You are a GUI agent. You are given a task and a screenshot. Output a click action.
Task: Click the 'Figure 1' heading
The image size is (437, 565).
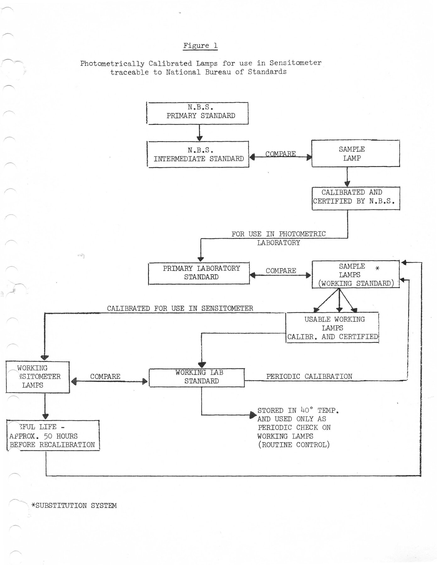(x=200, y=46)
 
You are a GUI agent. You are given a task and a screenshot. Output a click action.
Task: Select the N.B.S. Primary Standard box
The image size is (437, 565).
(x=198, y=113)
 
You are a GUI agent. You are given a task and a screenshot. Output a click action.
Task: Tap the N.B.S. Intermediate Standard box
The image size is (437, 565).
(x=198, y=154)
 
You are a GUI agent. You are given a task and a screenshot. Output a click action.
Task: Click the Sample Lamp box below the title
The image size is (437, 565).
(x=355, y=153)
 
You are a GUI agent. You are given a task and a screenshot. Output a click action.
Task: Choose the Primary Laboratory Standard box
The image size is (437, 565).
(x=199, y=273)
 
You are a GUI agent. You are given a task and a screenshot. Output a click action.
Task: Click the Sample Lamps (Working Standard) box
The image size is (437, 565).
(x=355, y=275)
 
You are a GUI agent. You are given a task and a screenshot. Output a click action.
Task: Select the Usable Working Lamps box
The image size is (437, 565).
(x=332, y=328)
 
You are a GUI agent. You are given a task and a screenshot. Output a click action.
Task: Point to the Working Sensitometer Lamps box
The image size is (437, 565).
(x=38, y=377)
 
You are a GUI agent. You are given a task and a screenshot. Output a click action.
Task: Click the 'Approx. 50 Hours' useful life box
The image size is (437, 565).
(x=53, y=436)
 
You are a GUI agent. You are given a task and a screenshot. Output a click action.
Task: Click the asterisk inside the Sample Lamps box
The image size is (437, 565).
(x=378, y=268)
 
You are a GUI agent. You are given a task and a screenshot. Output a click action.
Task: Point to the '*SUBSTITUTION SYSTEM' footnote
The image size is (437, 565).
(x=74, y=506)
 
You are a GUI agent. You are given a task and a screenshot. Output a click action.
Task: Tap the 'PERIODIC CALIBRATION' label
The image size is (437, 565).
(x=309, y=376)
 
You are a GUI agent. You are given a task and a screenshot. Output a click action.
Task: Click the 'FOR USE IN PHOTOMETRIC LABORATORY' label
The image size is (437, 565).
(x=278, y=238)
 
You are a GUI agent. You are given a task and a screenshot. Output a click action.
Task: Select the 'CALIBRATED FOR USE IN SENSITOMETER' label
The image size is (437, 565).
(x=180, y=309)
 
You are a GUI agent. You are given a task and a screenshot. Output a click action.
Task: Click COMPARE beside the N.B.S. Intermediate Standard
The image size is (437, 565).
(x=280, y=154)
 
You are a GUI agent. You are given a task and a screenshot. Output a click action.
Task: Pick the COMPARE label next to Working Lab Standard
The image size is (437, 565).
(x=105, y=376)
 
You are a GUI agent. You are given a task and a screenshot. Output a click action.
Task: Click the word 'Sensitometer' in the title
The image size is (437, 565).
(x=295, y=63)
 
